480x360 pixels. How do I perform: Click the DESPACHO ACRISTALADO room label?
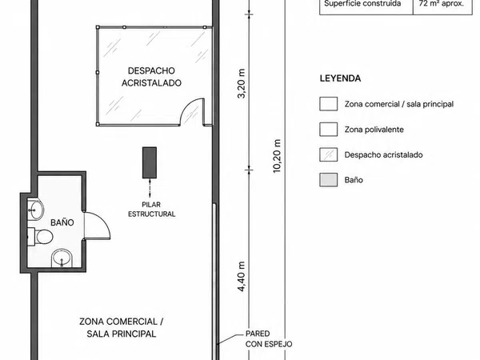151,77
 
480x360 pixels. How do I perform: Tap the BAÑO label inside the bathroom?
62,222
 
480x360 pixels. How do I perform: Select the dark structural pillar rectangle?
150,162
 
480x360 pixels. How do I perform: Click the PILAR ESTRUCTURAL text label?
151,209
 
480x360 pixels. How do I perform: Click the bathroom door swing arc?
102,220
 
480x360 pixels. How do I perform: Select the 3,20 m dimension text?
242,83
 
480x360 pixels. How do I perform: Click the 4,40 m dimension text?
242,277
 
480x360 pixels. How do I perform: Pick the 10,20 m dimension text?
277,156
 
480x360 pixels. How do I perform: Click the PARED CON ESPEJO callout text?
269,339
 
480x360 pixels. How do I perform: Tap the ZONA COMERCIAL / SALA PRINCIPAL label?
122,327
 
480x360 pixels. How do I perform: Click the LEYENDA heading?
341,78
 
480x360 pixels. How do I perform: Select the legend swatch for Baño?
329,180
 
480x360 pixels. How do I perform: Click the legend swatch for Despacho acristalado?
329,154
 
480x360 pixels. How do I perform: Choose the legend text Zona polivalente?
374,130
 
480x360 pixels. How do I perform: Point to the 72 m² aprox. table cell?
442,4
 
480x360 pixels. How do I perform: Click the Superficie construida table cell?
366,4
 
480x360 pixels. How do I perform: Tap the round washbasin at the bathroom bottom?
62,258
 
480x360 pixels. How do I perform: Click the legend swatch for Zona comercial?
329,104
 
